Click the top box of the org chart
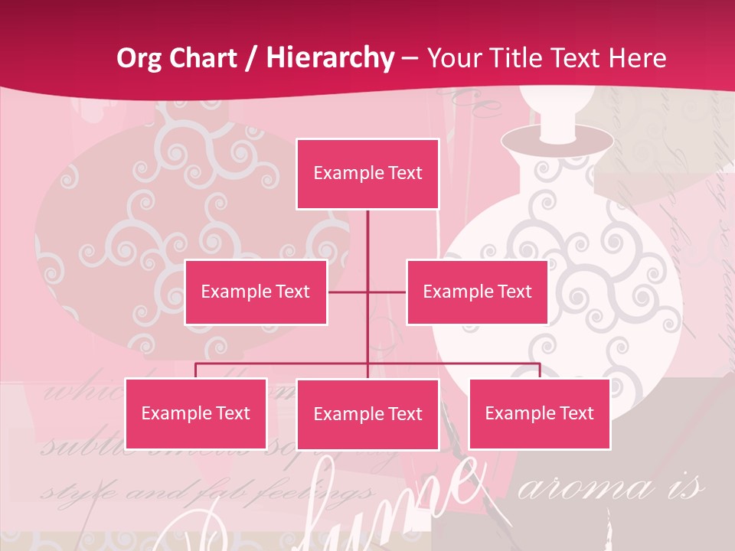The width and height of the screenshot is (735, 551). (x=367, y=174)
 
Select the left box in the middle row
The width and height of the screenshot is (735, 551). (x=256, y=292)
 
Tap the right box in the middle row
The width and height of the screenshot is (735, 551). (x=477, y=292)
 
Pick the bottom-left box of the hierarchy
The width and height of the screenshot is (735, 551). (x=196, y=414)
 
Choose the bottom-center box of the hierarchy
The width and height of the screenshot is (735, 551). (x=367, y=415)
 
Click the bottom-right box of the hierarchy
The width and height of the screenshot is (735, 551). (x=539, y=414)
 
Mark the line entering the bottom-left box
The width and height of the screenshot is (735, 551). (x=196, y=370)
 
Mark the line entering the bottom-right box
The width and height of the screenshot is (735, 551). (x=540, y=370)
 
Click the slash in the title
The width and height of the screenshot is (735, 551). (x=252, y=59)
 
